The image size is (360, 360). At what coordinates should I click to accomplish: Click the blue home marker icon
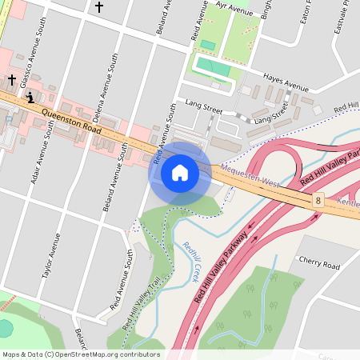click(180, 172)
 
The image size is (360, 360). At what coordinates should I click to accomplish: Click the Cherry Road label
click(318, 265)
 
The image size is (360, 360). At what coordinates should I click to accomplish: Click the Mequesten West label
click(250, 176)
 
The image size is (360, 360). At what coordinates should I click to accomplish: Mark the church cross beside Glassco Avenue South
click(11, 80)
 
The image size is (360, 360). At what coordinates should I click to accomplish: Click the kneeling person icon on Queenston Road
click(30, 98)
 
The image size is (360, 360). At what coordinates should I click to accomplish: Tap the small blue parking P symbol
click(8, 119)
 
